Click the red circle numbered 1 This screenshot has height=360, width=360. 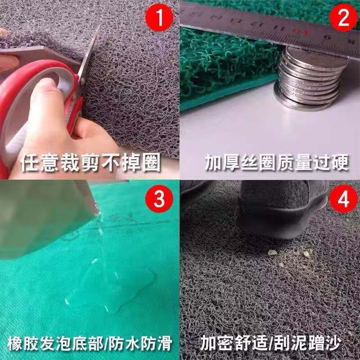coord(159,18)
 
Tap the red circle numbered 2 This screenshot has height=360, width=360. coord(343,18)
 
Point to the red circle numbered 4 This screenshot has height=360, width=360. coord(343,199)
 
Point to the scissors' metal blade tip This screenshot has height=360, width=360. coord(99,25)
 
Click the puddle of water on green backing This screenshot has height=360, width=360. coord(110,287)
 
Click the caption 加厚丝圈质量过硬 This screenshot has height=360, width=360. coord(277,162)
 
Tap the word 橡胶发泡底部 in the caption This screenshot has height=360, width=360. coord(54,344)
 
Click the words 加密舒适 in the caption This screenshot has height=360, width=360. coord(234,343)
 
